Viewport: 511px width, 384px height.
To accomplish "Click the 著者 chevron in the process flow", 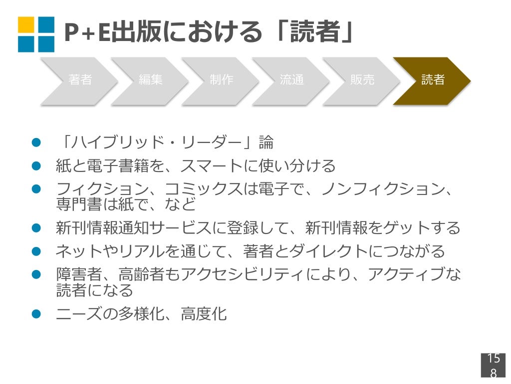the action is point(80,80).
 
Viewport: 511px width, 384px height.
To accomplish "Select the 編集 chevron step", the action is point(150,80).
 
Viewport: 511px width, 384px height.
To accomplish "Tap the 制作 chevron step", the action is point(221,80).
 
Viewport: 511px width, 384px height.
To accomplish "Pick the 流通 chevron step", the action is point(291,80).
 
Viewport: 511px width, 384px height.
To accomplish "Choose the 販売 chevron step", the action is point(362,80).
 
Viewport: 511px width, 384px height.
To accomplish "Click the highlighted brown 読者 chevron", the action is point(433,80).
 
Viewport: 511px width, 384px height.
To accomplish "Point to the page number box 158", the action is point(493,365).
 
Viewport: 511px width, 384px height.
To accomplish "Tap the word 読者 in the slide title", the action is point(316,33).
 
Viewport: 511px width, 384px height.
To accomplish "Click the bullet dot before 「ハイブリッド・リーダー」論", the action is point(35,143).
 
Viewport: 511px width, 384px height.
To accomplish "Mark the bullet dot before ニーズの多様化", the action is point(35,314).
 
